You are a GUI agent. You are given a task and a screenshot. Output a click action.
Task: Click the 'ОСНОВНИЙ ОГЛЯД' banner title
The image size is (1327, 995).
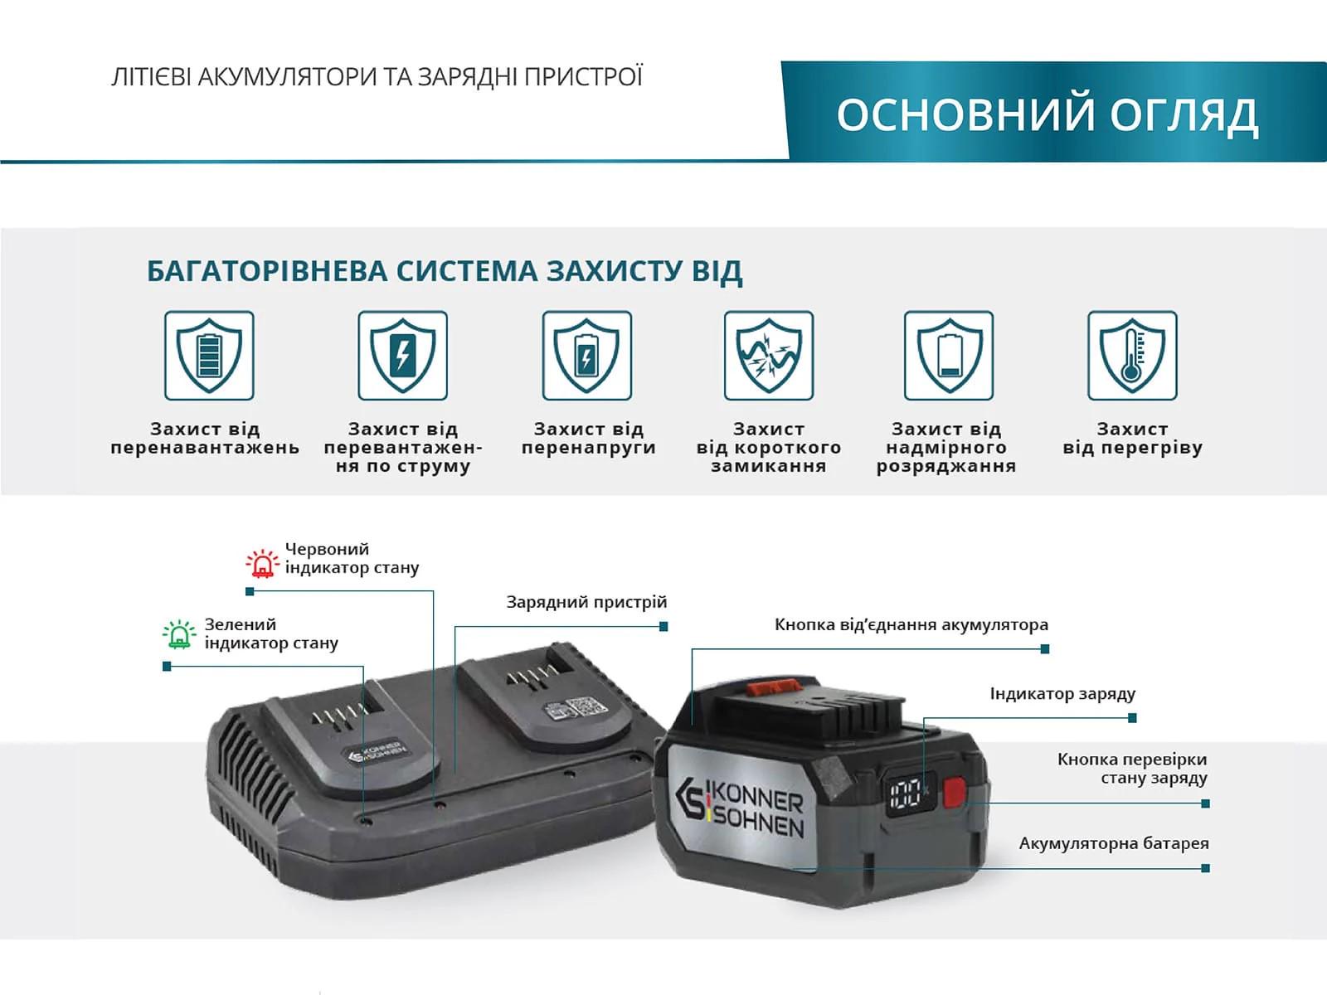tap(1047, 114)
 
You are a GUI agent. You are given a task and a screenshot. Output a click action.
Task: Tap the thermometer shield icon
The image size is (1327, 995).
tap(1132, 356)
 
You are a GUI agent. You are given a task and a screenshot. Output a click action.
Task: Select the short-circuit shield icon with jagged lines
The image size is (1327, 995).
tap(769, 356)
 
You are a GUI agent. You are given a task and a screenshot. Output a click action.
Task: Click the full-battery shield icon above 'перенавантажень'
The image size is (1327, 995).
tap(209, 356)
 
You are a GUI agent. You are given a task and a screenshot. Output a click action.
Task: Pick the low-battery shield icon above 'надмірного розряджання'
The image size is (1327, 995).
tap(949, 356)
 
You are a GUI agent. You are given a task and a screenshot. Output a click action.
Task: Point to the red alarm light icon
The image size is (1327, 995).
tap(262, 563)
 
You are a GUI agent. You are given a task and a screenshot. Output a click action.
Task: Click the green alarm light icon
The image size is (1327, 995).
tap(179, 635)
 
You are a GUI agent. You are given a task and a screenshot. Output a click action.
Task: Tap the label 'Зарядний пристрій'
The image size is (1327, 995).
tap(586, 602)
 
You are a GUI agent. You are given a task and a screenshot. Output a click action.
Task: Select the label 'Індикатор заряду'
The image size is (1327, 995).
tap(1062, 693)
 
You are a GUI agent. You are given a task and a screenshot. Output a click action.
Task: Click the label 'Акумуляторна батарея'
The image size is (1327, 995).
tap(1113, 843)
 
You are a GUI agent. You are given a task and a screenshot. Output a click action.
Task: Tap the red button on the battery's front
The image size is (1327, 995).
tap(955, 790)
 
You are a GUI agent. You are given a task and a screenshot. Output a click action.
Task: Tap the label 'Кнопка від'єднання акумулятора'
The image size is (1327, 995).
tap(911, 624)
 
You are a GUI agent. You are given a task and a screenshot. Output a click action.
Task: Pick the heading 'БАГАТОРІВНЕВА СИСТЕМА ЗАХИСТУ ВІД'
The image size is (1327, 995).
tap(444, 271)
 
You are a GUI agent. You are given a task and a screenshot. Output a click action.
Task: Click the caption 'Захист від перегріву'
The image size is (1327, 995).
tap(1132, 439)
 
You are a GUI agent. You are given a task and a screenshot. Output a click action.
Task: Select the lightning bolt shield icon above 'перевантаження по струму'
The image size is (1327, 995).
tap(403, 356)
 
